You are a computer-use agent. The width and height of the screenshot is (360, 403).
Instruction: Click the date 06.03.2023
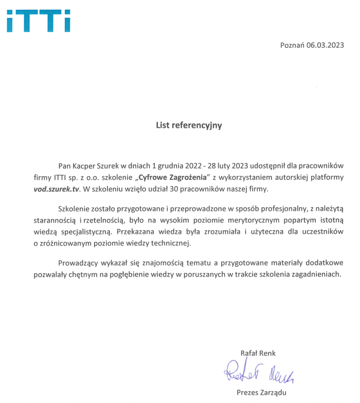(325, 45)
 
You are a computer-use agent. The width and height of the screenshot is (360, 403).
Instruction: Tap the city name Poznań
(292, 45)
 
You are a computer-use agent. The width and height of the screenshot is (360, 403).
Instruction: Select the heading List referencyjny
(189, 125)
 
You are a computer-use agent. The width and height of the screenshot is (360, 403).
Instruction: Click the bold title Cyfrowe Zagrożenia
(174, 177)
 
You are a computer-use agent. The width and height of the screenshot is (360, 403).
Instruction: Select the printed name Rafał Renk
(258, 353)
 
